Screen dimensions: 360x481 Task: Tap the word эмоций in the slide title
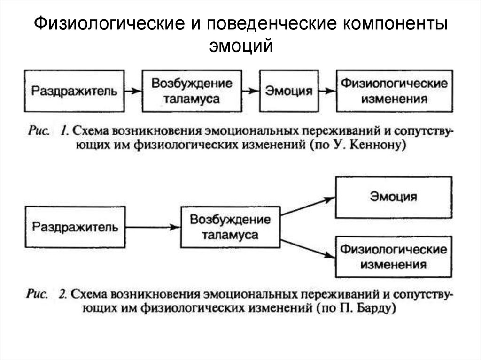(240, 46)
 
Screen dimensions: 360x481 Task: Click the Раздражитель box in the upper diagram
(74, 91)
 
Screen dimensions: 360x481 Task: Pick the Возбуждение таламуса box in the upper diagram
(192, 91)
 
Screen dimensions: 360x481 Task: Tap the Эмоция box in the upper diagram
(289, 91)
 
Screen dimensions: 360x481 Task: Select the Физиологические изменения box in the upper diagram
(394, 91)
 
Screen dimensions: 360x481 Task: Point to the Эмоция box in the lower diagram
(394, 196)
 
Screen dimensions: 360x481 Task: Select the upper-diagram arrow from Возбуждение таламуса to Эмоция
(251, 91)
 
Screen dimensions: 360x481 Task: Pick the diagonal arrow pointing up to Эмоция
(308, 207)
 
